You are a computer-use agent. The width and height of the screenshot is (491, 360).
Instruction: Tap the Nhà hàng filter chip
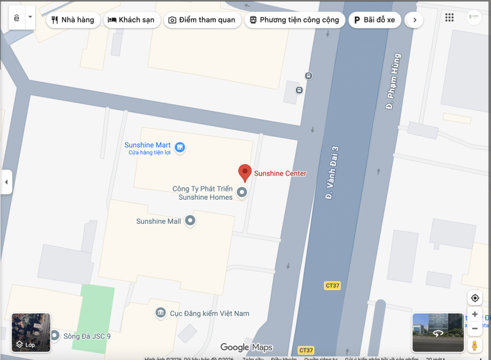pos(73,20)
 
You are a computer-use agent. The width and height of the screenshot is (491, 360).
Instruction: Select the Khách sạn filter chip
pos(131,20)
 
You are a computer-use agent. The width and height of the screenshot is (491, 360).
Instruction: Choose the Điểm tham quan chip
pos(202,20)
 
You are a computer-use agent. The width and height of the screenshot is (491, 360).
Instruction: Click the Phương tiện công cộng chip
pos(294,20)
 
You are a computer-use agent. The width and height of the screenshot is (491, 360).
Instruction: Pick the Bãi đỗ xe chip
pos(374,20)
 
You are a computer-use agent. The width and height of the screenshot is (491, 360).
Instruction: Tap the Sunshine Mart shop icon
pos(180,147)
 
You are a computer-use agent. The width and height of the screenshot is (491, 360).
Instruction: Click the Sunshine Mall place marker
pos(191,221)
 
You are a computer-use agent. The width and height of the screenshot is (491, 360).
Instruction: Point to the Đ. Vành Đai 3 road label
pos(332,173)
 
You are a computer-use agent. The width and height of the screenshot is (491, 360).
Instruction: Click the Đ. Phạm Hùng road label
pos(393,82)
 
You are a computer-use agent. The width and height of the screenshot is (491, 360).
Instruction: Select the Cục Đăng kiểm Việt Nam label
pos(210,314)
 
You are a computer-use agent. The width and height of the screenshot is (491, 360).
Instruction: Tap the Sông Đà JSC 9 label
pos(87,336)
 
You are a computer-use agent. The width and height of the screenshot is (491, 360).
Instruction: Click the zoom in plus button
pos(475,314)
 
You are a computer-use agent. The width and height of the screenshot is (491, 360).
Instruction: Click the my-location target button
pos(475,298)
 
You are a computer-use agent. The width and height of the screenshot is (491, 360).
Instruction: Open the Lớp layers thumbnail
pos(31,333)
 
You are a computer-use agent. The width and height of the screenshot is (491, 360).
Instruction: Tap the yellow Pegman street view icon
pos(475,345)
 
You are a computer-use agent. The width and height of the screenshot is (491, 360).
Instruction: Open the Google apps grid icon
pos(449,18)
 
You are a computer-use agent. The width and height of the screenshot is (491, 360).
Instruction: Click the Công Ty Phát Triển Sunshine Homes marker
pos(242,193)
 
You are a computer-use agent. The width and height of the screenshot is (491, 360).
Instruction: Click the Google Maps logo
pos(246,348)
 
